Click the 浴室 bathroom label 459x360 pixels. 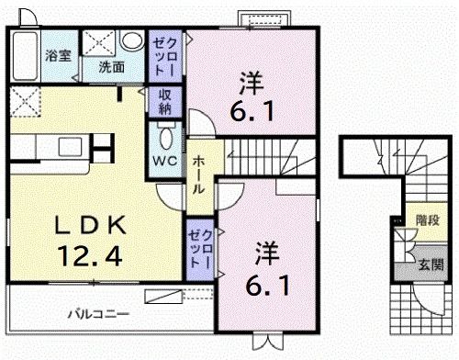pos(58,55)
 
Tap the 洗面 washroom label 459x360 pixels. pos(112,67)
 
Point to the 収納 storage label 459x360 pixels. pos(165,101)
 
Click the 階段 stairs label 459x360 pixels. pos(428,220)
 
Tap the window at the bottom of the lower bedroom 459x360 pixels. pos(265,343)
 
